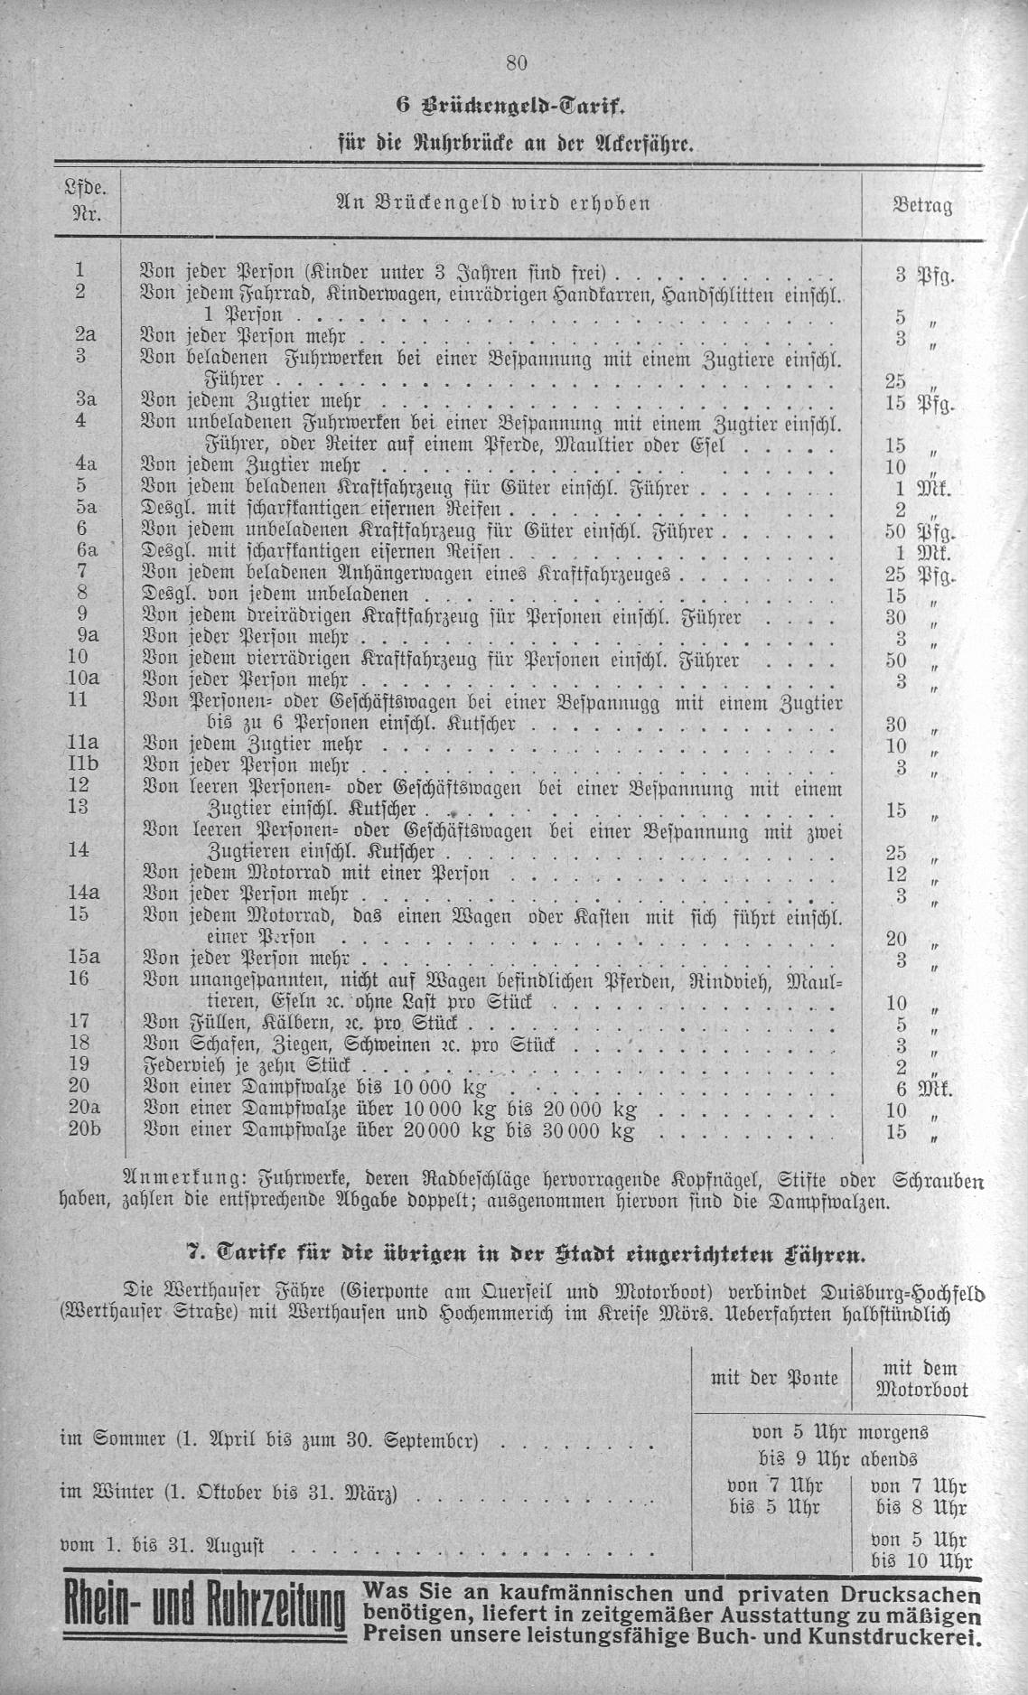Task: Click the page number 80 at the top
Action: click(516, 62)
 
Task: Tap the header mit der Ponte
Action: click(774, 1378)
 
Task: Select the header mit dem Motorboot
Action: click(921, 1380)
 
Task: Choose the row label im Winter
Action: click(107, 1493)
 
